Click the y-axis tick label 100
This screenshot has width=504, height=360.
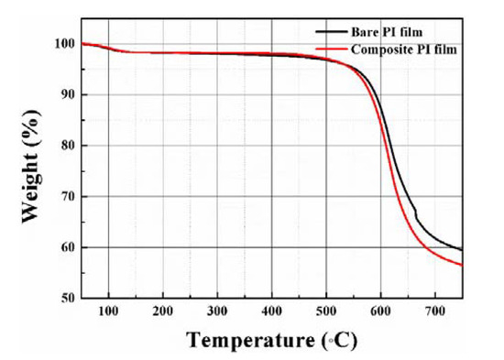coord(62,43)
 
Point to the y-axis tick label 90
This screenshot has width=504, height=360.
coord(66,94)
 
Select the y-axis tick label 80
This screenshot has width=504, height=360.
coord(66,146)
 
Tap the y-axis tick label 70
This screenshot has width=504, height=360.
coord(66,196)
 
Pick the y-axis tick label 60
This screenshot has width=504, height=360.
coord(66,247)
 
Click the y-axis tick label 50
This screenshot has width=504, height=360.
coord(66,299)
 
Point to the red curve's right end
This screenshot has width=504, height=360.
coord(462,265)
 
